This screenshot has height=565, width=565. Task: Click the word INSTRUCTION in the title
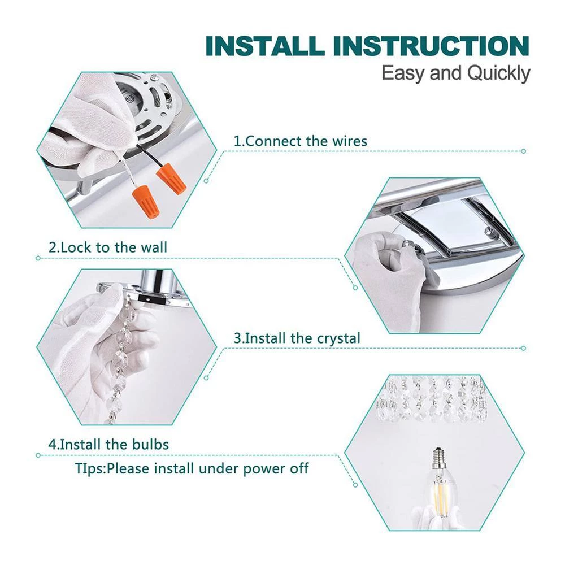432,46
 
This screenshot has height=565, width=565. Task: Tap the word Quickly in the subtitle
498,74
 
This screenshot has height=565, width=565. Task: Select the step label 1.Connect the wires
301,141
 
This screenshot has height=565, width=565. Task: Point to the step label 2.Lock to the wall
108,247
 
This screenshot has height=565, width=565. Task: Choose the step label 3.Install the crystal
297,338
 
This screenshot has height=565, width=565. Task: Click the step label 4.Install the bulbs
108,444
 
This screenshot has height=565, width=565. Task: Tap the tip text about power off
192,468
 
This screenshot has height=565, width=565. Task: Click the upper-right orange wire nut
171,178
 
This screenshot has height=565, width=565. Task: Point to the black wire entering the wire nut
151,162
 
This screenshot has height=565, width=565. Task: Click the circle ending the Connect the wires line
524,151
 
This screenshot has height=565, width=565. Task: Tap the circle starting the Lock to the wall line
38,258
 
